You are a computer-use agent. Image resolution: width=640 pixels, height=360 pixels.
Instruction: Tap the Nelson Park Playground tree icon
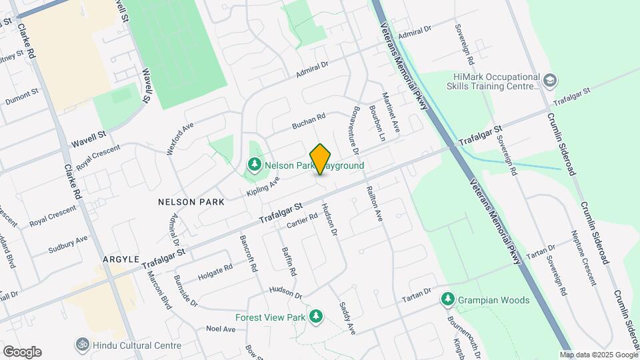tap(253, 164)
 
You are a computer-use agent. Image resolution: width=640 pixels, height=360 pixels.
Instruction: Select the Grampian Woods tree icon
tap(449, 300)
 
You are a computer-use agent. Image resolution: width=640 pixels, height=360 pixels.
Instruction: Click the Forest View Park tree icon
tap(319, 316)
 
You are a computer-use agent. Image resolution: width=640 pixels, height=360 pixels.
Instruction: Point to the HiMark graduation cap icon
tap(550, 81)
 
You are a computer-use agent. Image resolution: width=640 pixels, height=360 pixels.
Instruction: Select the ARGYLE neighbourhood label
tap(121, 258)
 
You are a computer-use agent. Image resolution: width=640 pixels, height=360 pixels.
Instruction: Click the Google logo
tap(22, 351)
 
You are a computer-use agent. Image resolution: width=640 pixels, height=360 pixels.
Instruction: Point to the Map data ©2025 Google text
tap(598, 355)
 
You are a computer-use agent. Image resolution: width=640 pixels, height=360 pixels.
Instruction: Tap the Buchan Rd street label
tap(309, 121)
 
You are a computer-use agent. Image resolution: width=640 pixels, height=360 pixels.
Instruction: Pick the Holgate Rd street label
tap(215, 272)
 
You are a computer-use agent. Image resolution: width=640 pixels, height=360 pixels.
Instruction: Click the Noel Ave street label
tap(221, 329)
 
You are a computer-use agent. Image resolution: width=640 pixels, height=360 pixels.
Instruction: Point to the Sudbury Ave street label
tap(67, 245)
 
